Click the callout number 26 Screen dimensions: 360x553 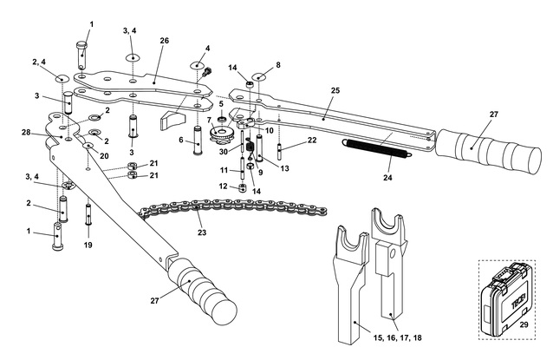click(165, 40)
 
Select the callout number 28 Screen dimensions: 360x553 click(26, 132)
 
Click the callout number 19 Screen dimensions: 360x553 click(88, 245)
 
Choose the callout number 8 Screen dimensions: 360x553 click(278, 64)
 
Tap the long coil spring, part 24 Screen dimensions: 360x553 click(377, 149)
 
